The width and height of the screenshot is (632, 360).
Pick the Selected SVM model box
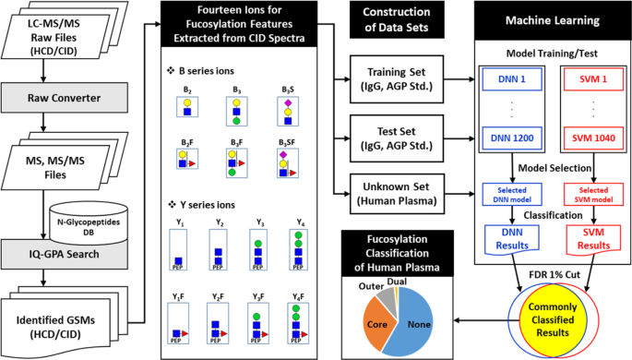587,195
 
